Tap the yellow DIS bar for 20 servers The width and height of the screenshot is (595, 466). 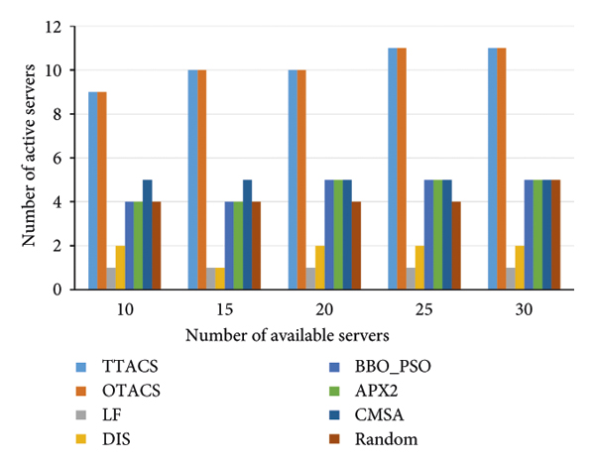320,267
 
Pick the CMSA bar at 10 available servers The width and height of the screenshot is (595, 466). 147,234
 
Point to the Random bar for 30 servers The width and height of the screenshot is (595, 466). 556,234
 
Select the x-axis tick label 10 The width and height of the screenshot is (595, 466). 124,308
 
